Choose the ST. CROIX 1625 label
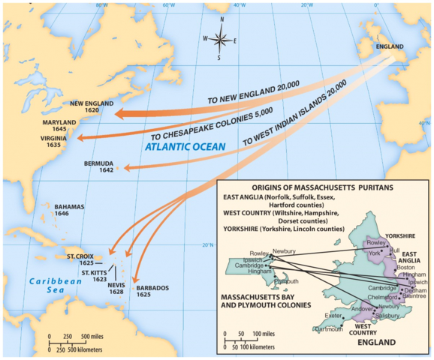tap(80, 260)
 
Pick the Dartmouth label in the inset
tap(329, 329)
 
